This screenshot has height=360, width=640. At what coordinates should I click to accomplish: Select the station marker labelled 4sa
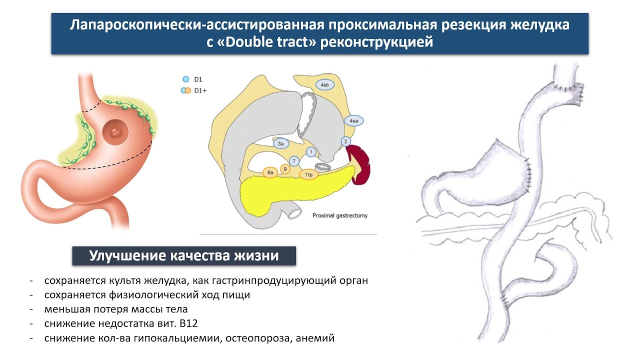pyautogui.click(x=353, y=121)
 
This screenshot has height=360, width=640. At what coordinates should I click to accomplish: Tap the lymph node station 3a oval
pyautogui.click(x=281, y=143)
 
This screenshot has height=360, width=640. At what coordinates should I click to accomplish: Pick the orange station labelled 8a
pyautogui.click(x=270, y=172)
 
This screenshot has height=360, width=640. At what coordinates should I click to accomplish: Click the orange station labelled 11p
pyautogui.click(x=308, y=174)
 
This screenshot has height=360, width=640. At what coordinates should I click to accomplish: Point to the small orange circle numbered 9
pyautogui.click(x=285, y=169)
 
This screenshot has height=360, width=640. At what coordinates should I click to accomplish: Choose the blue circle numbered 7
pyautogui.click(x=294, y=161)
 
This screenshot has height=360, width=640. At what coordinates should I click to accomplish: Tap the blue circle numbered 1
pyautogui.click(x=311, y=151)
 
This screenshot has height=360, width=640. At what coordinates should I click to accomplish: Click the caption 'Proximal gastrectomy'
pyautogui.click(x=340, y=215)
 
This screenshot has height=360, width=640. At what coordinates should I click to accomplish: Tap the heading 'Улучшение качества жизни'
pyautogui.click(x=183, y=256)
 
